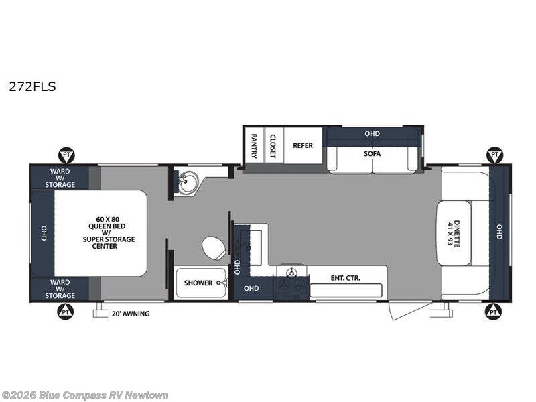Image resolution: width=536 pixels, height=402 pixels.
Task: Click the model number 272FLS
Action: (x=32, y=87)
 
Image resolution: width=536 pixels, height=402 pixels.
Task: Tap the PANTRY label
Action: (x=255, y=146)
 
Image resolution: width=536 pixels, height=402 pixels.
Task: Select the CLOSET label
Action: (x=273, y=146)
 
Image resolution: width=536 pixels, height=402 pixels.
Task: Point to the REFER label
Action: (x=303, y=145)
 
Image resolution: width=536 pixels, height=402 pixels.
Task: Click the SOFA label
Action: (x=373, y=154)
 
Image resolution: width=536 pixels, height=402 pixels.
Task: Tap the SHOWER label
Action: (x=198, y=283)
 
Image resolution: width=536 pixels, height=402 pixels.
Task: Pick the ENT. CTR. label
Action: (x=346, y=278)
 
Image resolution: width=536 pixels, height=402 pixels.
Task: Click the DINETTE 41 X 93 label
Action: (x=454, y=233)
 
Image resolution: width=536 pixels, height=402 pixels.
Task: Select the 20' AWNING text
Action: (x=131, y=314)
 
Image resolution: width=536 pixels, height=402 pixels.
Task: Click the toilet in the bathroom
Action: (x=214, y=247)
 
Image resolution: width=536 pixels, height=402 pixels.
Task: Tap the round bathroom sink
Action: (x=188, y=182)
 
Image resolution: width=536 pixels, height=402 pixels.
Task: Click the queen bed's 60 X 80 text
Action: (x=107, y=220)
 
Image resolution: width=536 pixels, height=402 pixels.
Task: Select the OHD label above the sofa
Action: (x=373, y=133)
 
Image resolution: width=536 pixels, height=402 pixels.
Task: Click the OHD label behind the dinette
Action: (x=499, y=232)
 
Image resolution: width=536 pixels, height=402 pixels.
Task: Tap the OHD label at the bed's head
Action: (x=44, y=233)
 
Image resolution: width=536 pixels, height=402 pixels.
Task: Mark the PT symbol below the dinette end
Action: (x=493, y=312)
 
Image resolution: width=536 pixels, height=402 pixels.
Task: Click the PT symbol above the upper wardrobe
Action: (x=66, y=155)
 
